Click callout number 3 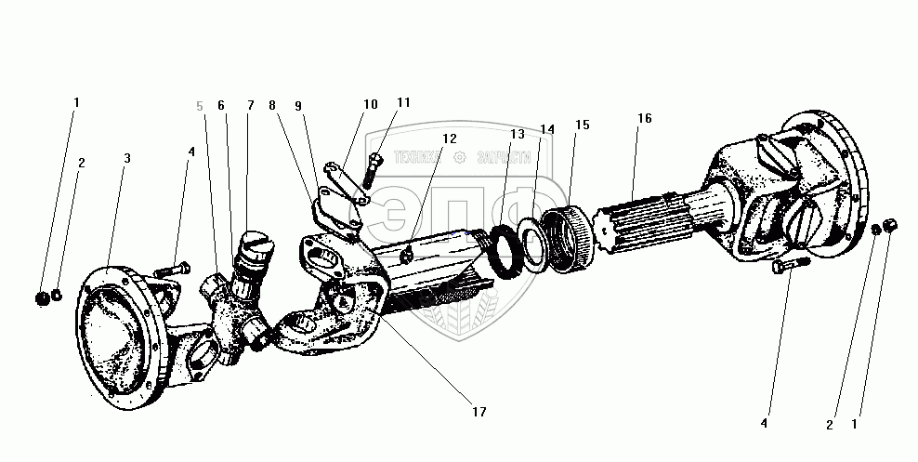click(127, 158)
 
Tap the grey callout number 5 click(200, 106)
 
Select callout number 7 click(250, 106)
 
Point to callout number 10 click(371, 104)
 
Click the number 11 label click(402, 102)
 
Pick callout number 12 click(450, 139)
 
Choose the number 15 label click(583, 125)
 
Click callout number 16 click(645, 118)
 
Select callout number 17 click(479, 411)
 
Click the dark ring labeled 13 click(506, 251)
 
